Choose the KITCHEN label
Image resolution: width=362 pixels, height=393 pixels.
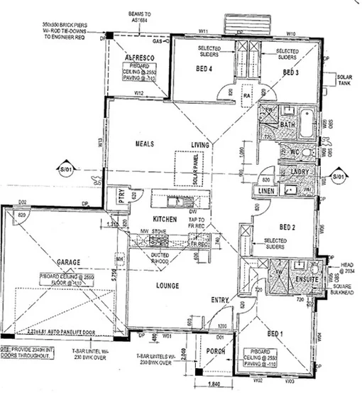(163, 219)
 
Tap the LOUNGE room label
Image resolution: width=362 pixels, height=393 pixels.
(163, 286)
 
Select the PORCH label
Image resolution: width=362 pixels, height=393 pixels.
(215, 352)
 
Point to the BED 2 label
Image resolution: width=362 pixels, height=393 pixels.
(287, 227)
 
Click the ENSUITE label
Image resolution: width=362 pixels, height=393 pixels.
(307, 279)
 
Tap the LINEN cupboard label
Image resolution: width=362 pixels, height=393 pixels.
(266, 191)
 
